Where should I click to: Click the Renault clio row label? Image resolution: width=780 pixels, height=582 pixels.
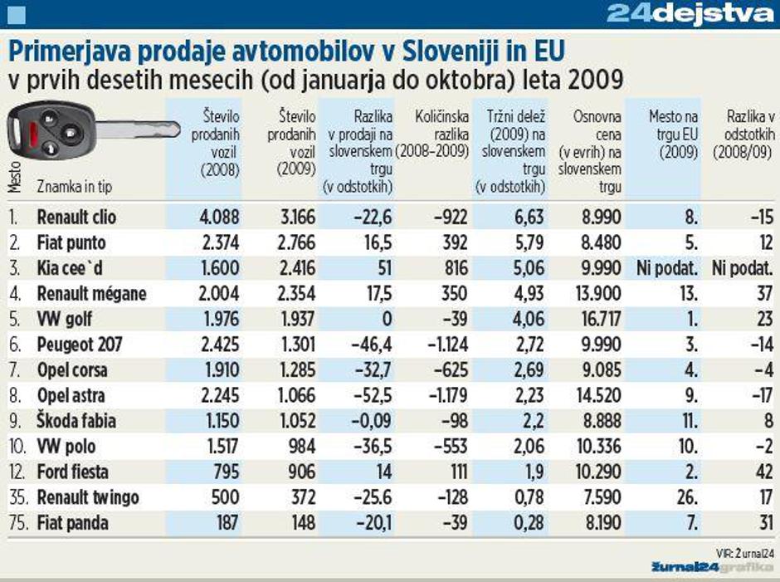pos(76,218)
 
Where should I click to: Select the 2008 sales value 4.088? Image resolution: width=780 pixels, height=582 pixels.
pos(219,218)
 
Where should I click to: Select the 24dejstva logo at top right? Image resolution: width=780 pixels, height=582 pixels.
pos(688,14)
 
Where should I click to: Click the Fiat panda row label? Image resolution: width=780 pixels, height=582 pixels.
pos(72,523)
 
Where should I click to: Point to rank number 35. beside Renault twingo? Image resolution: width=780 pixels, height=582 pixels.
pos(18,498)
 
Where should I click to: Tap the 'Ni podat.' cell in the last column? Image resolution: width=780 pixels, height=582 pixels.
pos(743,268)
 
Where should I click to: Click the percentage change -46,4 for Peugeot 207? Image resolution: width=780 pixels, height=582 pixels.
pos(370,345)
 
